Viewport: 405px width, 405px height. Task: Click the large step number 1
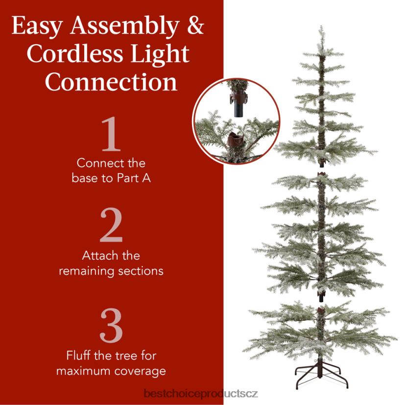(111, 134)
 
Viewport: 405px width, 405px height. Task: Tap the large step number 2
(111, 225)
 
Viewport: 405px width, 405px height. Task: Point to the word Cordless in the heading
(75, 54)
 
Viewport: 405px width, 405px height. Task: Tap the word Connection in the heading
(111, 82)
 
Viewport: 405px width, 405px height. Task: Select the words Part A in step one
(134, 178)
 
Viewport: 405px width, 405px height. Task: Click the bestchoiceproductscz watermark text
(201, 394)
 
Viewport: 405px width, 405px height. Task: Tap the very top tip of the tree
(321, 26)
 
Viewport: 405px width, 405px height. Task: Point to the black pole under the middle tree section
(321, 298)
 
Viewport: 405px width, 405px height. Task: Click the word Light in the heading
(160, 54)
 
